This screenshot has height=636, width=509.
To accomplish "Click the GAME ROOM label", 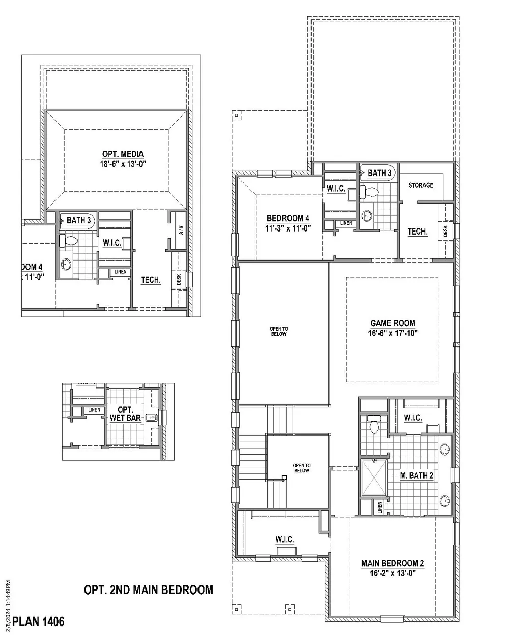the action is tap(392, 323).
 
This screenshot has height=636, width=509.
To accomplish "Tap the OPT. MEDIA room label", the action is tap(123, 154).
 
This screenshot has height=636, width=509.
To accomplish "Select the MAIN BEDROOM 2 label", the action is tap(392, 563).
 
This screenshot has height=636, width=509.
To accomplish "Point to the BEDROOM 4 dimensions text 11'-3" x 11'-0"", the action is tap(288, 228).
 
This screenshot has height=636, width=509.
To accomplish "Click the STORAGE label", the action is tap(420, 185).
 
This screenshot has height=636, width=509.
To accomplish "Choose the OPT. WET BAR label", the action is tap(125, 414).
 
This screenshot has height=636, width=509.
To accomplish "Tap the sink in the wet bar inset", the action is tap(152, 418).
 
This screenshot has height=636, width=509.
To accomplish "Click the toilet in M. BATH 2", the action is tap(374, 424).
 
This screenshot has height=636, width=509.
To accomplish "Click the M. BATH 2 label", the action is tap(416, 476).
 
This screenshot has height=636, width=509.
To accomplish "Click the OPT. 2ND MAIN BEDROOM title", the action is tap(149, 590).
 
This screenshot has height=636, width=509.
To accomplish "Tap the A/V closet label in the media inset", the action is tap(181, 230).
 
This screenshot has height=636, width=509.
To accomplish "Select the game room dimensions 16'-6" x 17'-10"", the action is tap(392, 333).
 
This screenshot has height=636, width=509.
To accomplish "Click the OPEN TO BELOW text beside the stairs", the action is tap(302, 468).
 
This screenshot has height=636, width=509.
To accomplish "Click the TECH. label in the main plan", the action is tap(417, 232).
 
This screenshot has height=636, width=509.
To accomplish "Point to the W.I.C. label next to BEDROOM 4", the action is tap(336, 189).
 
